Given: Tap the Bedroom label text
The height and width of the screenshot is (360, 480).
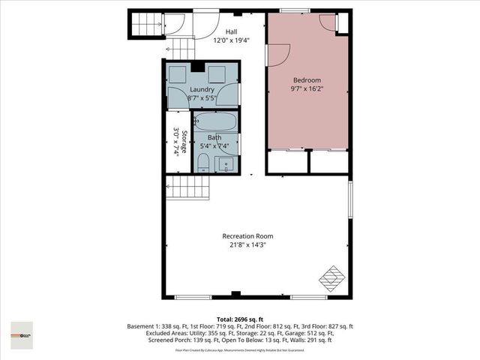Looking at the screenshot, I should (307, 80).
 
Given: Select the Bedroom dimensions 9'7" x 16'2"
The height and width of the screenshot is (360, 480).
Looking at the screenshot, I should (307, 89).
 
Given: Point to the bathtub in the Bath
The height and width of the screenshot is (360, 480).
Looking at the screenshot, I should (215, 122).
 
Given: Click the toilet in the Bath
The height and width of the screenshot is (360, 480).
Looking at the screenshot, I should (203, 163).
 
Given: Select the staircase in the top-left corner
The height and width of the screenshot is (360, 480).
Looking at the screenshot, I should (147, 23).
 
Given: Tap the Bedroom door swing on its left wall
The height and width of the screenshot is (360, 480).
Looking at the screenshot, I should (277, 54).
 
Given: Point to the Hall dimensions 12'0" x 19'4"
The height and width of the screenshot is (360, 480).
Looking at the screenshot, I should (231, 40).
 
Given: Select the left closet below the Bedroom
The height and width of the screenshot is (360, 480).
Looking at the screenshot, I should (288, 162).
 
